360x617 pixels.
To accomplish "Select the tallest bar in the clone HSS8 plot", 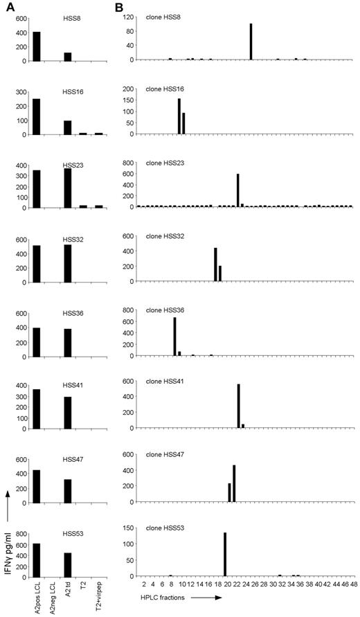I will pyautogui.click(x=251, y=42).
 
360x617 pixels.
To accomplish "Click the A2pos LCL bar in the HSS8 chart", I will pyautogui.click(x=36, y=46).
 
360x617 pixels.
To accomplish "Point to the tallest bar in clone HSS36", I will pyautogui.click(x=174, y=337).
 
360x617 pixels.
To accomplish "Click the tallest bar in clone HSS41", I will pyautogui.click(x=238, y=406).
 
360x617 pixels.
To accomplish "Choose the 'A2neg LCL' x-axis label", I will pyautogui.click(x=52, y=596).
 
